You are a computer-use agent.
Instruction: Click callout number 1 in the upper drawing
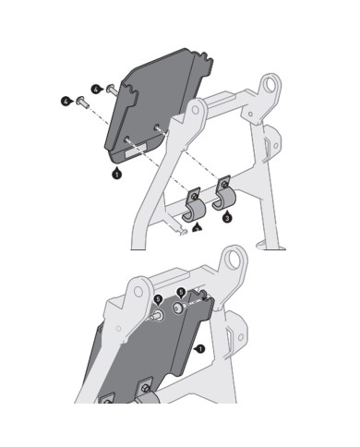117,172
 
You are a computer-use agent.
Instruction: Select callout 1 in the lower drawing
200,349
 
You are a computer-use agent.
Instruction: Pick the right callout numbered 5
180,292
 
